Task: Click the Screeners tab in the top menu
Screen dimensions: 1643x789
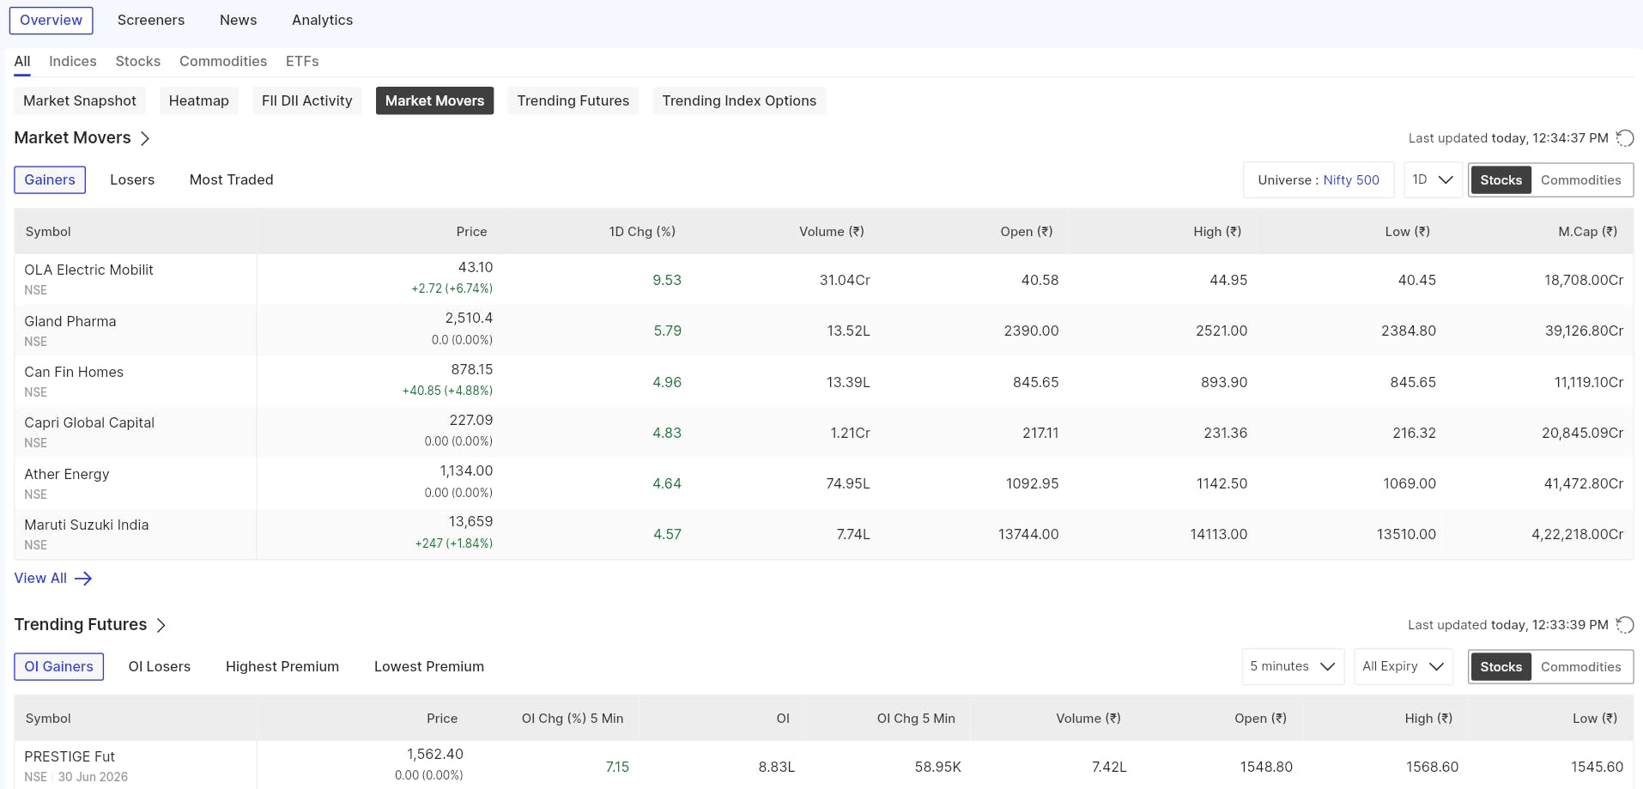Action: [151, 20]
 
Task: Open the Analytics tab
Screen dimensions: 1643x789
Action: [322, 20]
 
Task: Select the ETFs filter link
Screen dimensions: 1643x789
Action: [302, 61]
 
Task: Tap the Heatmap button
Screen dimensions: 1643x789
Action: [199, 100]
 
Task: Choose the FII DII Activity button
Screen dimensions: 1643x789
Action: [306, 100]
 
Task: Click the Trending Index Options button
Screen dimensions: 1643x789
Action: [739, 100]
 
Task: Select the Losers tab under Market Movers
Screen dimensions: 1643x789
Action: [132, 179]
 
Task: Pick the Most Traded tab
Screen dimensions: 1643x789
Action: [232, 179]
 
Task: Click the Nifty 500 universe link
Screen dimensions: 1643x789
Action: [1351, 180]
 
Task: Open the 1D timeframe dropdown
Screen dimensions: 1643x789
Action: [1433, 179]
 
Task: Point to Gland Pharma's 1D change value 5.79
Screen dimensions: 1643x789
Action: [667, 331]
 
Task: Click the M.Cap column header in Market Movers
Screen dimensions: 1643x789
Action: [1587, 232]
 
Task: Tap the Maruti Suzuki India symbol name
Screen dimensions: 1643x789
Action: [87, 525]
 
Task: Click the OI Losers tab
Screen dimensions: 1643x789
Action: [160, 666]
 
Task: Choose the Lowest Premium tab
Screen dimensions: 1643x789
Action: [429, 666]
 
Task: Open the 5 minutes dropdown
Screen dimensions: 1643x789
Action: [1292, 666]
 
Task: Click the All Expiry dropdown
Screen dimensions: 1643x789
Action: [1404, 666]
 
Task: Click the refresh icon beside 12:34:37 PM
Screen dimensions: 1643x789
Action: [1625, 138]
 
